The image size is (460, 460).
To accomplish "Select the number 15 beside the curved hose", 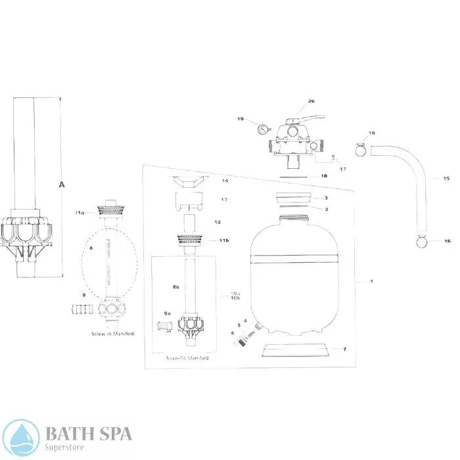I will coord(446,178).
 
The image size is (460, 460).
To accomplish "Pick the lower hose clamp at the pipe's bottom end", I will coord(423,241).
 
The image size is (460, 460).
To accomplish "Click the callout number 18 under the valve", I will coord(323,176).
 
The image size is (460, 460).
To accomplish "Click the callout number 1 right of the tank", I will coord(371,281).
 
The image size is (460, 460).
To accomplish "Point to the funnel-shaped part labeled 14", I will coord(187,181).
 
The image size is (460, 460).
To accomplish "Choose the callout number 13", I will coord(224,199).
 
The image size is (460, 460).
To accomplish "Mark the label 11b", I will coord(225,241).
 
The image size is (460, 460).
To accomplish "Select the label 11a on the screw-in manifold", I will coord(80,213).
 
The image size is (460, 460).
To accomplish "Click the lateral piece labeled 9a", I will coord(162,324).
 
